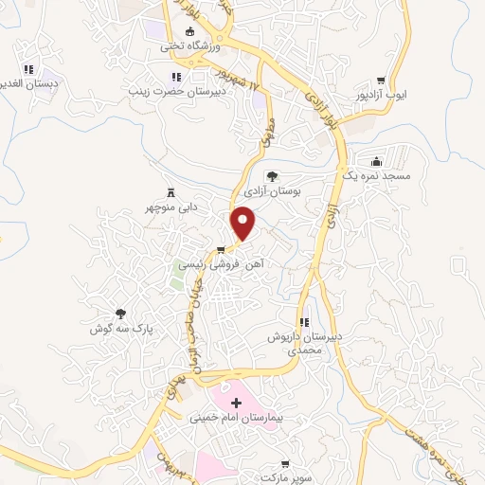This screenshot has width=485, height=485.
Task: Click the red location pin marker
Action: tap(244, 225)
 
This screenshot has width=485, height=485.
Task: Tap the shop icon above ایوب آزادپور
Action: tap(381, 81)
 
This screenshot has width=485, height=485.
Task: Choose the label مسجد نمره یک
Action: tap(377, 175)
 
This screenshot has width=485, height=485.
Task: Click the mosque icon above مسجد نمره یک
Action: tap(377, 160)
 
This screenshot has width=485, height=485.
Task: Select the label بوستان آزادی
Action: tap(273, 191)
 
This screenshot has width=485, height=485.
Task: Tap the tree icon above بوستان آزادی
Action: tap(273, 176)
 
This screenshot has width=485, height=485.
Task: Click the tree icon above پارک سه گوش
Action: tap(120, 313)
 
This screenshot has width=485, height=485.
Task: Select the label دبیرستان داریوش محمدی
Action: tap(306, 343)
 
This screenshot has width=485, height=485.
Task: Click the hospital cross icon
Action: tap(237, 403)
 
